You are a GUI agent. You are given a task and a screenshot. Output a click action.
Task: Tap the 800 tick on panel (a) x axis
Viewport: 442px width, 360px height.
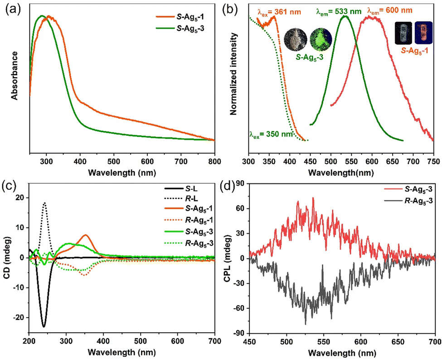click(x=214, y=161)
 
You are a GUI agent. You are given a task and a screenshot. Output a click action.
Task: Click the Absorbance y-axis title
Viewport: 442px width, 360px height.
click(x=15, y=76)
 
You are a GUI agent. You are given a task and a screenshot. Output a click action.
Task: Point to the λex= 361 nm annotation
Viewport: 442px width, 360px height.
click(x=279, y=12)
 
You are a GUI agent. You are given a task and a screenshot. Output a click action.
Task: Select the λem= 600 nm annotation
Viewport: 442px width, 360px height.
click(x=390, y=11)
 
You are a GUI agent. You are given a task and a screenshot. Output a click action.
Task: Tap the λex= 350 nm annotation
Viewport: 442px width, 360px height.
click(x=271, y=134)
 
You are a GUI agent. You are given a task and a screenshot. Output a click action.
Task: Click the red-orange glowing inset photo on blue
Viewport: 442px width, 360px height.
click(x=423, y=33)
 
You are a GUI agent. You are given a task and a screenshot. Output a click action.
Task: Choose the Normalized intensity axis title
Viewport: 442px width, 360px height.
click(x=233, y=74)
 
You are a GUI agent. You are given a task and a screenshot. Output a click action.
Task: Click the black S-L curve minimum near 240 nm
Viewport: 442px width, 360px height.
click(x=44, y=326)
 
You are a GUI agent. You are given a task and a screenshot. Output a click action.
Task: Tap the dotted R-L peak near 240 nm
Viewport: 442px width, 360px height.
click(x=44, y=203)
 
